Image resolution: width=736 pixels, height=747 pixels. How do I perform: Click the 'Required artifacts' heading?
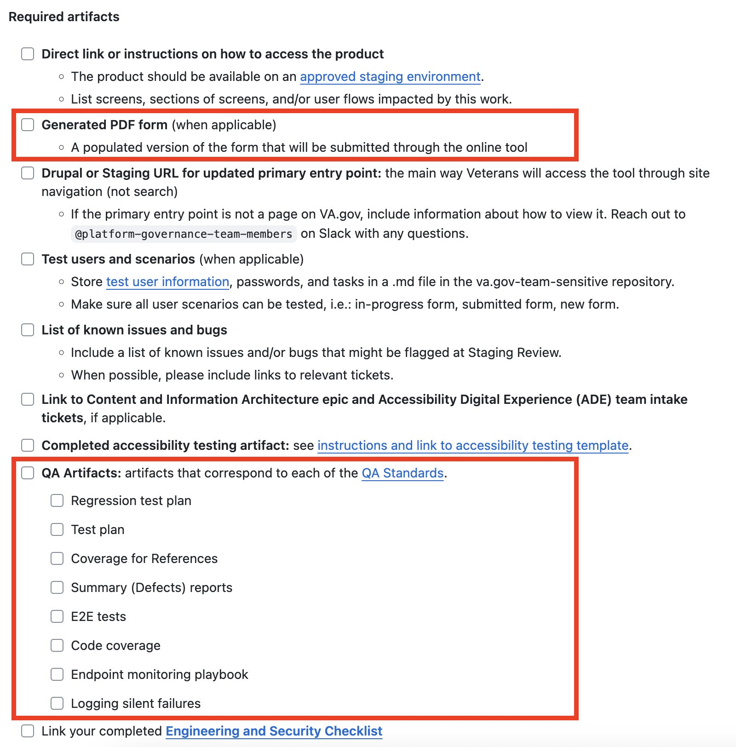pos(64,17)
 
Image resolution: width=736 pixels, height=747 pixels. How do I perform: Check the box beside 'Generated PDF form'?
pos(28,125)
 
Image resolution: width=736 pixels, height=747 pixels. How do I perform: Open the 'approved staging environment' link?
pos(390,76)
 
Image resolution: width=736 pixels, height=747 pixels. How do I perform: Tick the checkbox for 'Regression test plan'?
pos(57,500)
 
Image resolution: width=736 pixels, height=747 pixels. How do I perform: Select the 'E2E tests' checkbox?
pos(57,616)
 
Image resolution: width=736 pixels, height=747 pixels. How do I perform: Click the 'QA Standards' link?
pos(402,473)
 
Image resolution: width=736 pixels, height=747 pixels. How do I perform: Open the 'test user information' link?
pos(167,282)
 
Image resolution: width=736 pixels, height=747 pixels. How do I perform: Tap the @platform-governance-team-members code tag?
pos(184,234)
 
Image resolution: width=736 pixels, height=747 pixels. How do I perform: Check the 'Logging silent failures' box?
pos(57,703)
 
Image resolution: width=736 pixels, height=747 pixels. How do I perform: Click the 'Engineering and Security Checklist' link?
pos(274,731)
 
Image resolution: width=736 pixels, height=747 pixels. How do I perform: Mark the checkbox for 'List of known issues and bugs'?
pos(28,330)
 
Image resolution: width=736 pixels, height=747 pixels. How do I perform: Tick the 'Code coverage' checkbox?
pos(57,645)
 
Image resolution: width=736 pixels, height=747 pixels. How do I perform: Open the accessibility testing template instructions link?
pos(473,445)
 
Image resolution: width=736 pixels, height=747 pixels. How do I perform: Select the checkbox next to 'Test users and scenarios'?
pos(28,259)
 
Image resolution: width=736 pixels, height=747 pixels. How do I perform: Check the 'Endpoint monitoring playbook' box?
pos(57,674)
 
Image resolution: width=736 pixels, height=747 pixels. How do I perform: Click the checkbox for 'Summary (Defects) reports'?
pos(57,587)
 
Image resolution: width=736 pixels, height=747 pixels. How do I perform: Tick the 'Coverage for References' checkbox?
pos(57,558)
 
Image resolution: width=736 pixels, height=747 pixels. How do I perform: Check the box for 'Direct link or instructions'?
pos(28,54)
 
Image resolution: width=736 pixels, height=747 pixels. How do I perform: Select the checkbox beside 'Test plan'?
pos(57,529)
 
